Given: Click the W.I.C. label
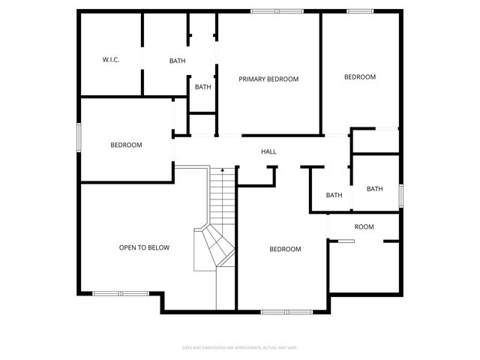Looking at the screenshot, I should coord(111,60).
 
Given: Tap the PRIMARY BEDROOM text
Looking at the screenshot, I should coord(268,79).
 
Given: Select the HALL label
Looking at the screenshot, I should coord(268,151).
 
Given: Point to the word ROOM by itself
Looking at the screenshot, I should coord(364,226).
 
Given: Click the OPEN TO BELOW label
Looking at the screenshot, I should coord(144,247).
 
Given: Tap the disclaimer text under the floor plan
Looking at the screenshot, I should coord(240,347).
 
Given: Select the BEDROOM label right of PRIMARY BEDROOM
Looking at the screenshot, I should coord(359,76).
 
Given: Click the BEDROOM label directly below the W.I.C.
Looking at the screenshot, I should coord(126,145).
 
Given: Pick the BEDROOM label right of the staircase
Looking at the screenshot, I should coord(285,249).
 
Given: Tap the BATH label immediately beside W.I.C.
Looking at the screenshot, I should coord(177,61).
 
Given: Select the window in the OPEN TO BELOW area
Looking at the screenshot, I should coord(121,292).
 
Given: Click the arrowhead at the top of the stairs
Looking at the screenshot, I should coord(222,171).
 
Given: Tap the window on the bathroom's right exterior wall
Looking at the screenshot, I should coord(400,195).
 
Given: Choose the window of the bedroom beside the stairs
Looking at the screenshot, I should coord(286,310).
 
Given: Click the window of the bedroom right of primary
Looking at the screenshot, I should coord(359,10).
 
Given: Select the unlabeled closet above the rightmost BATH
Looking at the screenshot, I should coord(375,141).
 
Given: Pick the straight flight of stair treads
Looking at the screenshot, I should coord(223,199).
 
